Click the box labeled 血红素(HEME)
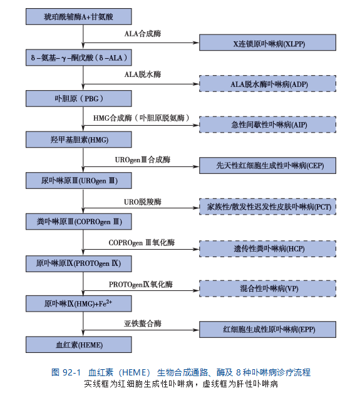click(x=79, y=345)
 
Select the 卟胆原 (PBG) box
click(x=79, y=98)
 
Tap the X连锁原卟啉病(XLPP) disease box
click(x=267, y=43)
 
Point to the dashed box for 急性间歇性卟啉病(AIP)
click(x=267, y=125)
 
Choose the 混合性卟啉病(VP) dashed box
click(x=267, y=288)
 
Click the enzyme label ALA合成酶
click(x=143, y=34)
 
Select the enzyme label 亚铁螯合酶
click(x=143, y=324)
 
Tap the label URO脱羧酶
click(x=143, y=202)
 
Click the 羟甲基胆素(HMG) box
click(x=79, y=140)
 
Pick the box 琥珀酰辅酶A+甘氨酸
click(x=79, y=16)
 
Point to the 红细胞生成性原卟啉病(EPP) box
click(x=267, y=329)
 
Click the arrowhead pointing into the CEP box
click(x=196, y=166)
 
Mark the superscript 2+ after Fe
click(x=109, y=301)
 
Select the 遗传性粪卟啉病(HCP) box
click(x=267, y=248)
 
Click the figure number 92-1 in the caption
click(x=71, y=372)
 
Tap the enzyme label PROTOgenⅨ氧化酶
click(x=141, y=284)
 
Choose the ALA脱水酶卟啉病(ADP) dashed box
click(x=267, y=83)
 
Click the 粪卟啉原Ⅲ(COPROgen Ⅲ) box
click(x=79, y=222)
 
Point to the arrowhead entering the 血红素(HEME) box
click(x=83, y=334)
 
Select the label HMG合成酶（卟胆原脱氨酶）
click(x=141, y=118)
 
